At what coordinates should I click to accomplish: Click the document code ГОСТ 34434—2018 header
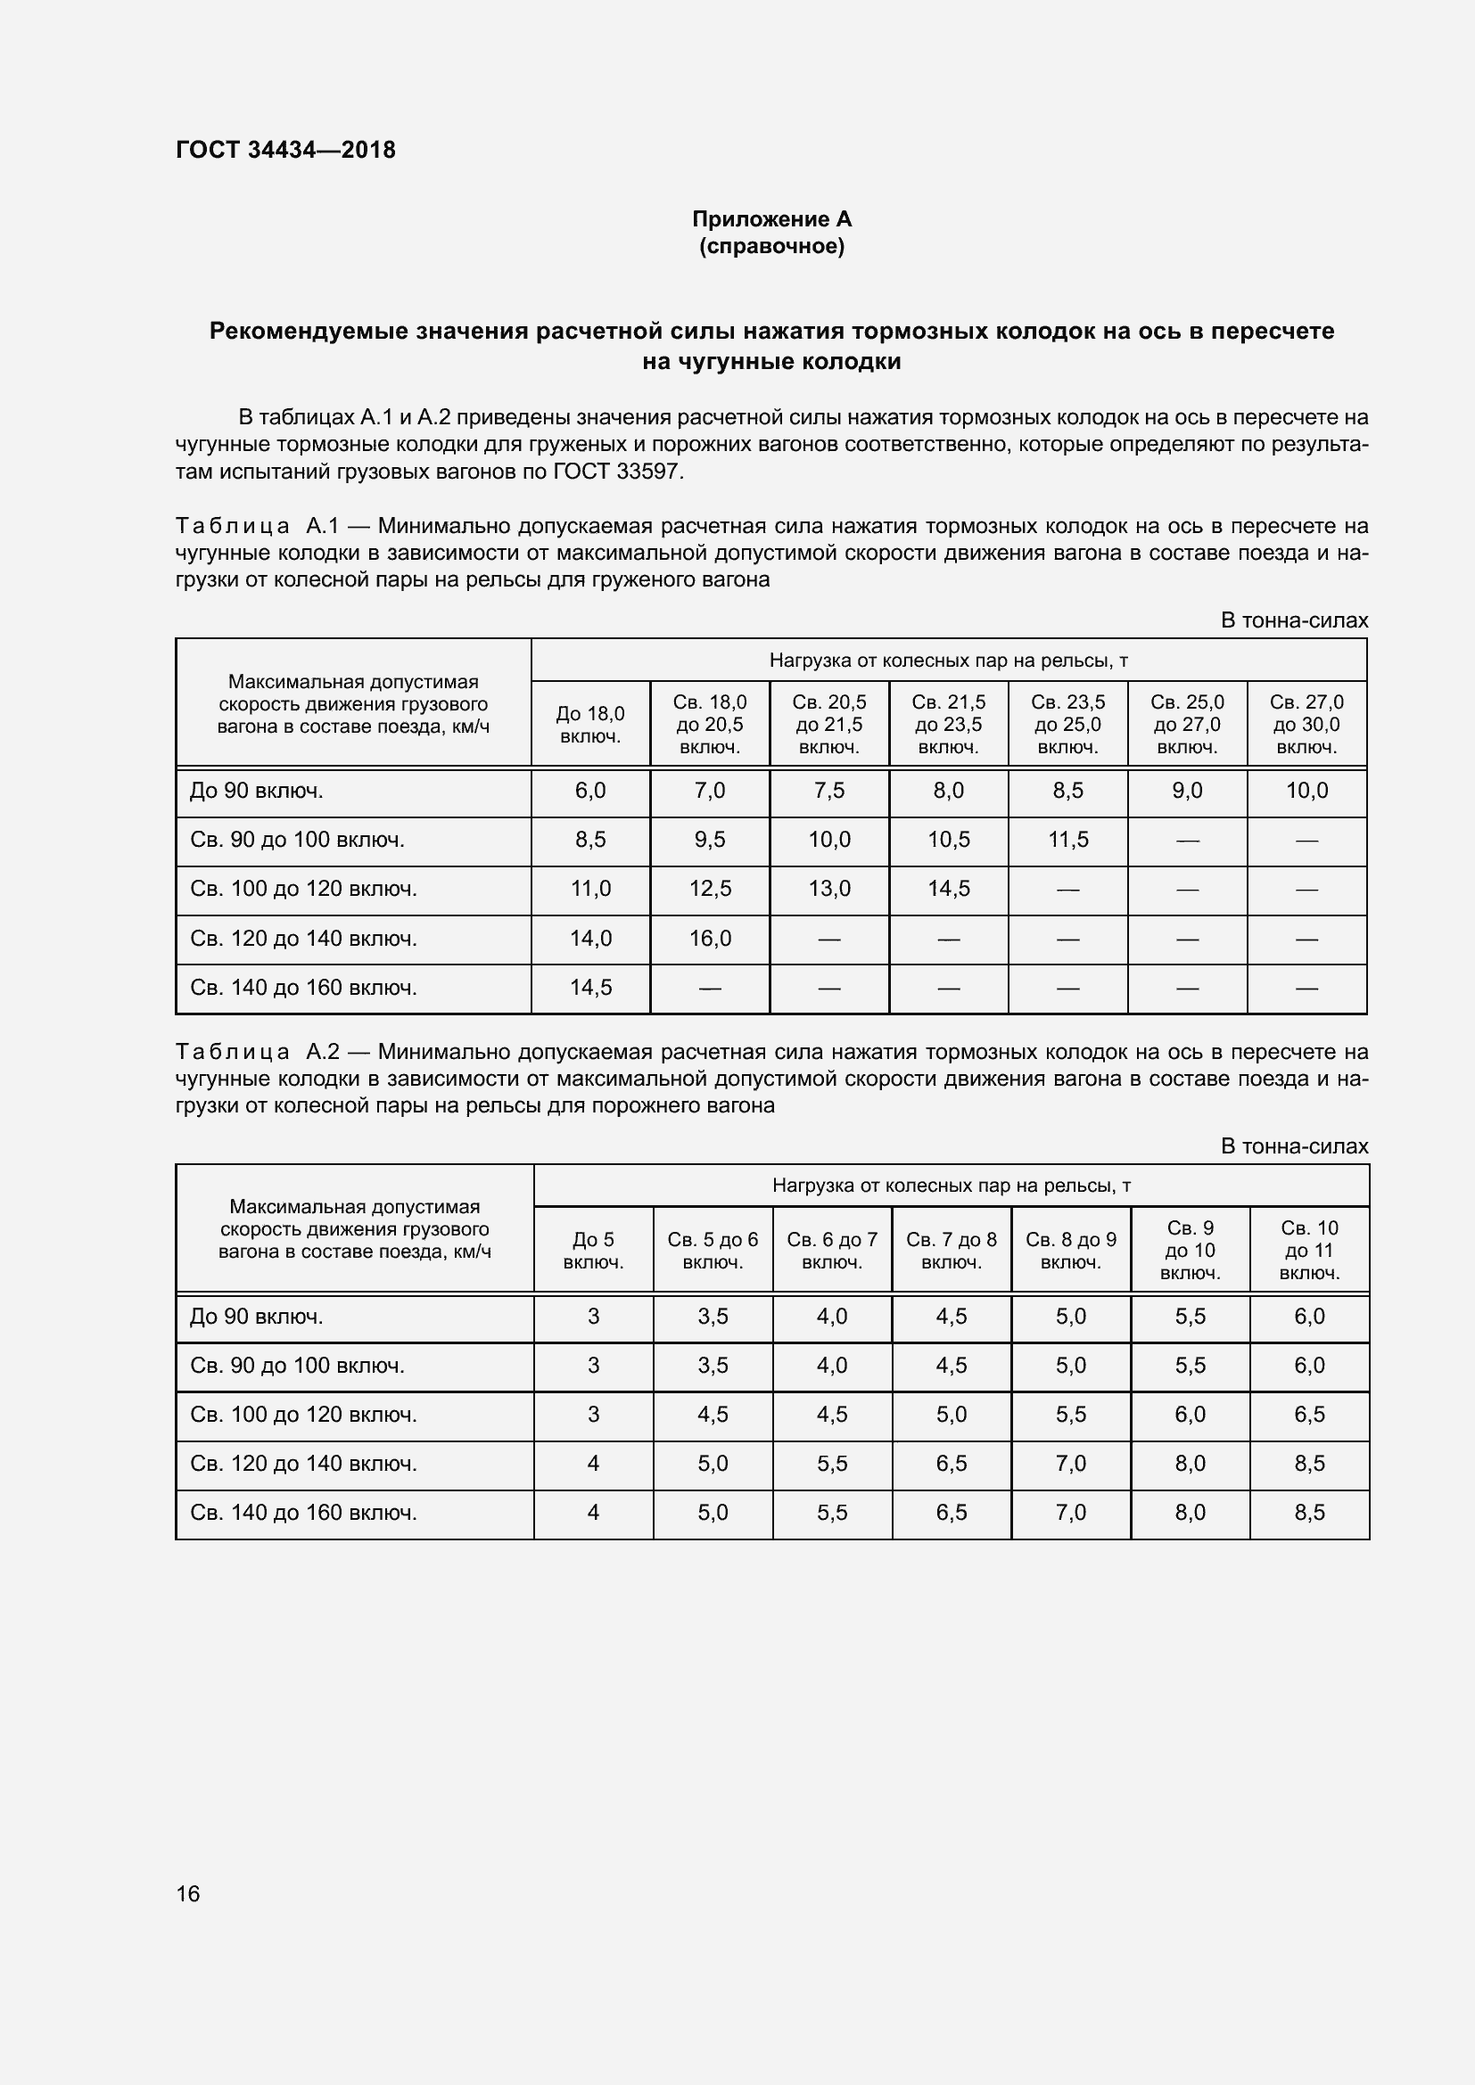[285, 150]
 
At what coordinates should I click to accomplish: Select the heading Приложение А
[771, 219]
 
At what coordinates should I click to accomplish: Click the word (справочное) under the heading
[771, 246]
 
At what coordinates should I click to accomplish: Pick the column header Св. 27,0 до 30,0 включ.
[1306, 725]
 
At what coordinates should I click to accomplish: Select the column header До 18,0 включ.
[590, 725]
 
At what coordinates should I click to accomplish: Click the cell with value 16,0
[709, 938]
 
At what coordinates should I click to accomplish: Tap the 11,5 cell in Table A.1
[1067, 840]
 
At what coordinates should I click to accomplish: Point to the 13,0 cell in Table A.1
[829, 889]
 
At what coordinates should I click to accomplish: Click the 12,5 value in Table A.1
[709, 889]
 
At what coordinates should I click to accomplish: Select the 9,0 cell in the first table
[1187, 791]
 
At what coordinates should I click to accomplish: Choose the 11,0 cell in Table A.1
[590, 889]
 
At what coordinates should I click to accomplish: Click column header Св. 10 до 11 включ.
[1309, 1251]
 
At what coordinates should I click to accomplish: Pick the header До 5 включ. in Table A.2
[593, 1251]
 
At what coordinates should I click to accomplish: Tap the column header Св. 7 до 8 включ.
[951, 1251]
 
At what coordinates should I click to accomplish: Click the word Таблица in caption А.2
[233, 1052]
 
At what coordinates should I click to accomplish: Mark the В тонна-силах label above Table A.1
[1293, 620]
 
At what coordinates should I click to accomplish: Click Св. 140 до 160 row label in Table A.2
[303, 1512]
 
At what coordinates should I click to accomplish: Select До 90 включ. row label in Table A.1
[256, 791]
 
